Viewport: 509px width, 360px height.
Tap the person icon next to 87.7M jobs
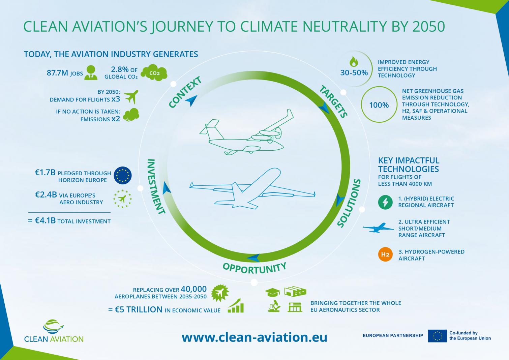point(91,72)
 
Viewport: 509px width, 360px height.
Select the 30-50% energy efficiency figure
point(354,72)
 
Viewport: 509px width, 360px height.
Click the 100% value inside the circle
point(379,105)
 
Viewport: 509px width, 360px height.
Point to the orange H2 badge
point(385,254)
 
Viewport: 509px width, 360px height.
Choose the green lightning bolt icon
point(385,202)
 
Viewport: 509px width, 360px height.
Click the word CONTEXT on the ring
point(185,92)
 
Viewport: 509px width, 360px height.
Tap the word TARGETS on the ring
point(333,101)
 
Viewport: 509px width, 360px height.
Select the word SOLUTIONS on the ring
point(349,203)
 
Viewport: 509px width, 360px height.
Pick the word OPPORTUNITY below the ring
point(254,268)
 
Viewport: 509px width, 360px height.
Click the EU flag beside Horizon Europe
point(123,175)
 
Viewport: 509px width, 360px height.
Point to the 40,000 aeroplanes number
point(193,289)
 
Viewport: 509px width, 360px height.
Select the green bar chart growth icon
point(236,306)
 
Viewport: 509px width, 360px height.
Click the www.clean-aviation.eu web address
point(254,337)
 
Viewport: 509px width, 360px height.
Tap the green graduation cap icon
point(273,292)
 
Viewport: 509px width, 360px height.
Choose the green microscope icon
point(274,306)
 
